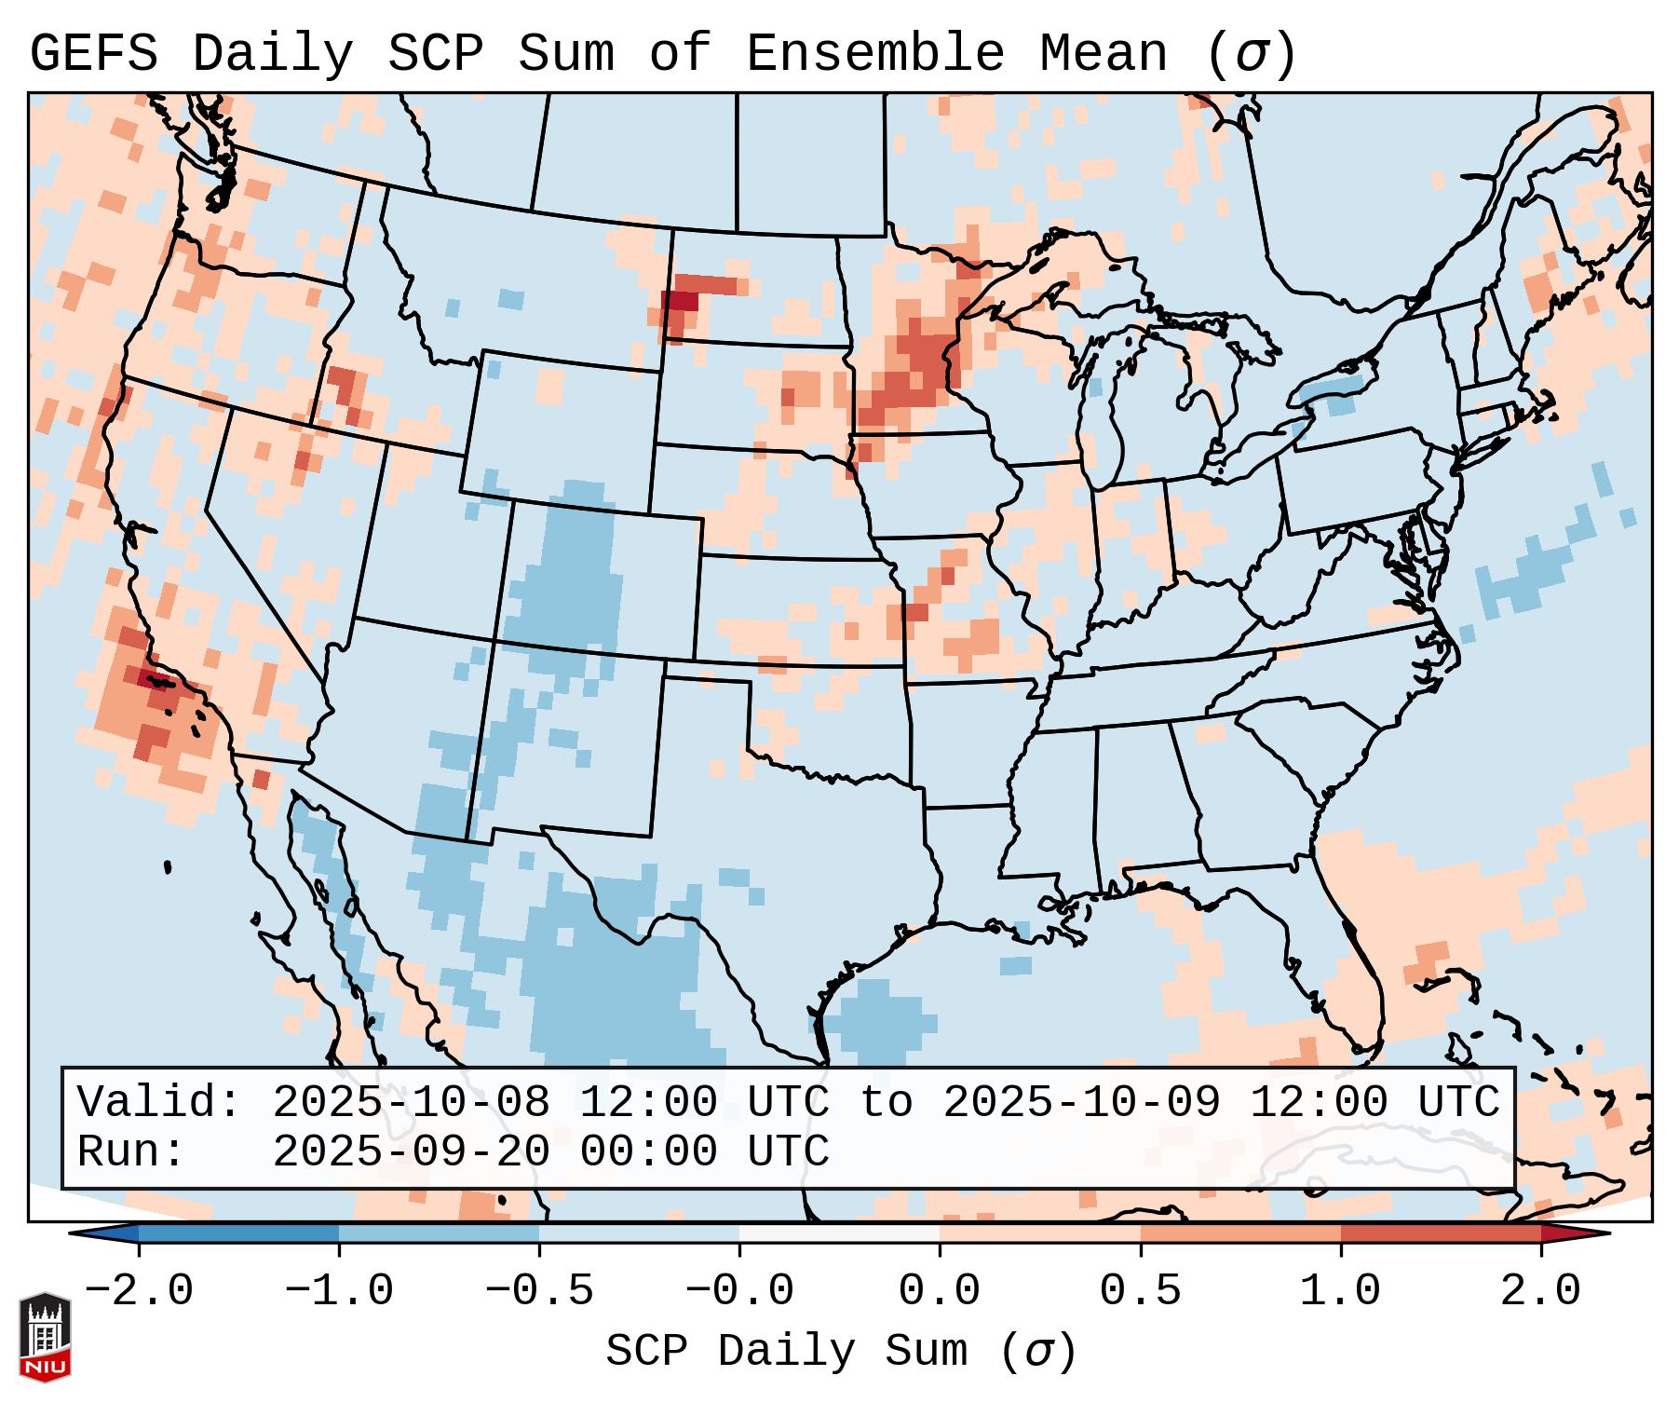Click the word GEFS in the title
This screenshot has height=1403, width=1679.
click(x=93, y=54)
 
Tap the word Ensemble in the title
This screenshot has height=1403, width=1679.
click(x=874, y=54)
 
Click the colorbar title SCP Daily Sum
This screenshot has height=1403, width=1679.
click(x=786, y=1352)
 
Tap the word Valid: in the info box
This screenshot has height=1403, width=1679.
click(x=159, y=1102)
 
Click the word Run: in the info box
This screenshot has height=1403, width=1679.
click(x=131, y=1152)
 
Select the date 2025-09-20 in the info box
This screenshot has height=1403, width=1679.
click(x=411, y=1152)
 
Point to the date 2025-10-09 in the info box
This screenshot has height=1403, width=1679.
click(x=1081, y=1102)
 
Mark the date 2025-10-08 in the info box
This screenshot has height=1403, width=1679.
click(x=411, y=1102)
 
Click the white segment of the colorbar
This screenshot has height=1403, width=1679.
click(x=839, y=1233)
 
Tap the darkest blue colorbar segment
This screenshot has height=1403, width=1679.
click(x=238, y=1233)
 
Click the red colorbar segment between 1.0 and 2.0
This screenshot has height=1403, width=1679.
click(x=1440, y=1233)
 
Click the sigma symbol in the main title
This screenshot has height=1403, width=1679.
click(x=1251, y=54)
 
